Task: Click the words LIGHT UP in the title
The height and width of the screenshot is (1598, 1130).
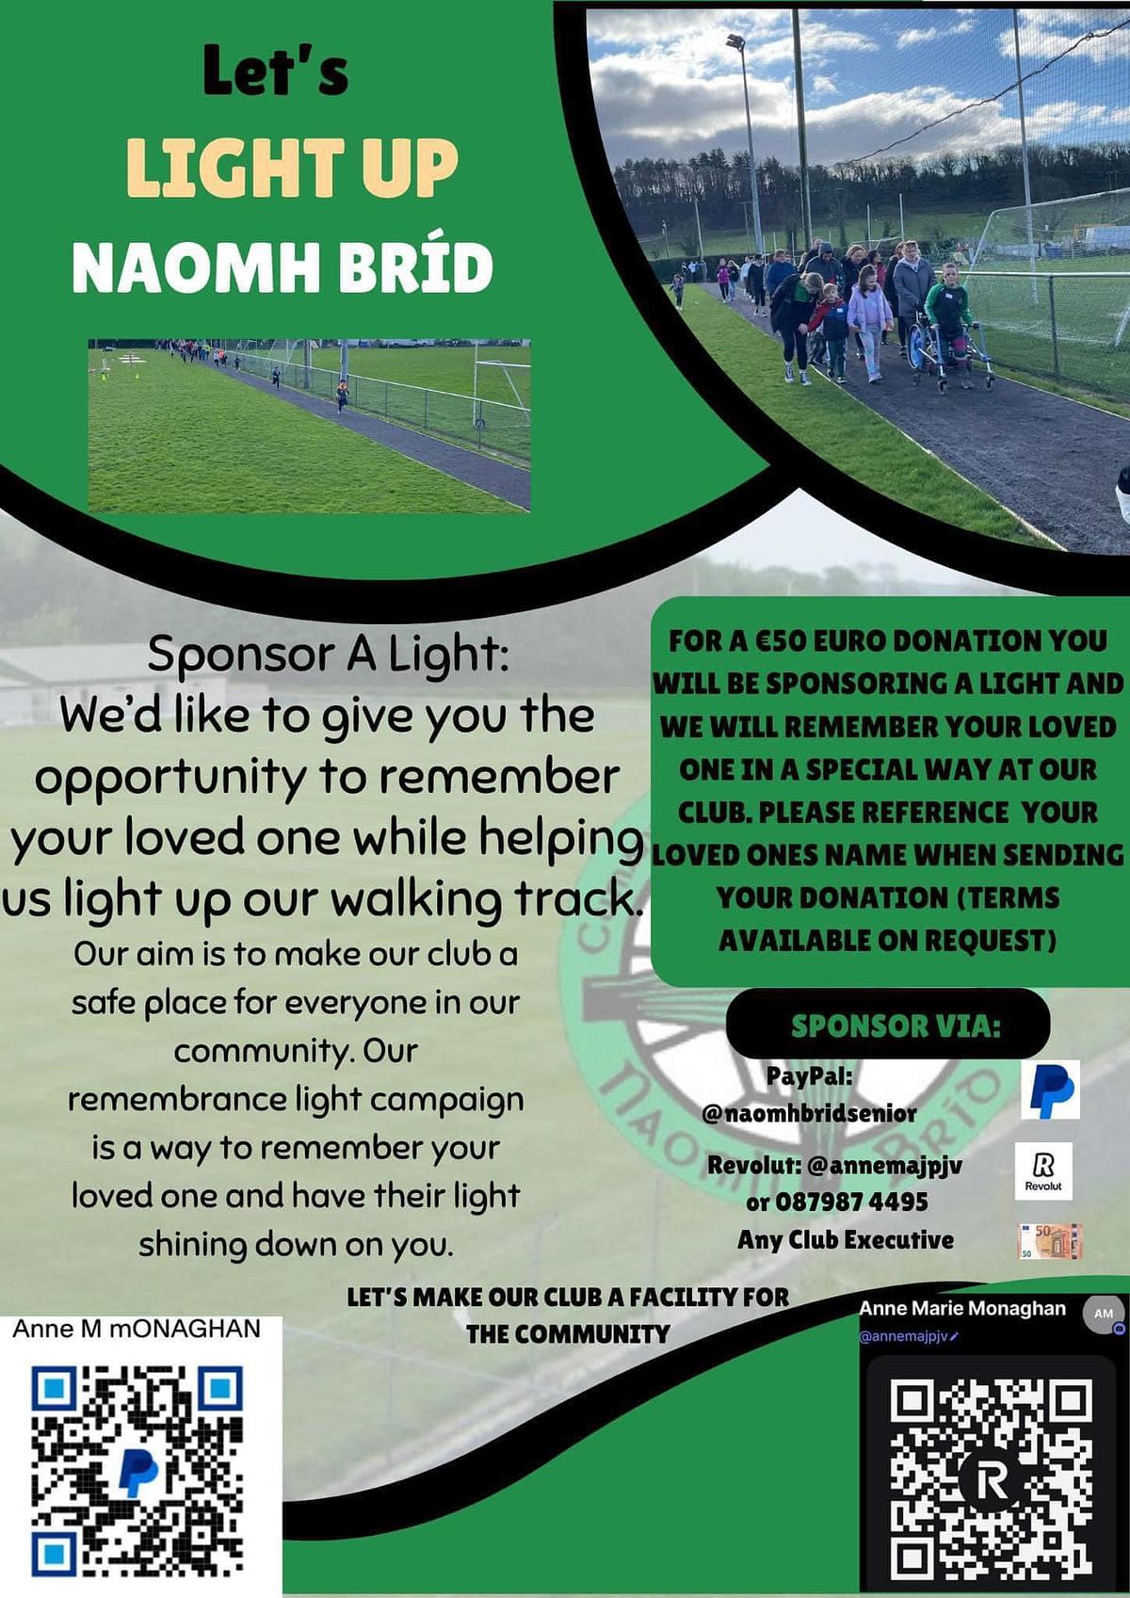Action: pos(292,167)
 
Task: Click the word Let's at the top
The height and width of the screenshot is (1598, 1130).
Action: pos(276,72)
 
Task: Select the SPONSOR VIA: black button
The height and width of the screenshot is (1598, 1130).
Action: pos(887,1024)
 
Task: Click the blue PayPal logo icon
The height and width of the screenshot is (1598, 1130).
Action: pos(1050,1090)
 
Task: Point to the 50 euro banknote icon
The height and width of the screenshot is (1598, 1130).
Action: pos(1049,1241)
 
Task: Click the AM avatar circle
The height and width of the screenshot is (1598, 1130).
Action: pos(1104,1314)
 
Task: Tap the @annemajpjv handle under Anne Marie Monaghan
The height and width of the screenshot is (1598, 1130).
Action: pos(905,1336)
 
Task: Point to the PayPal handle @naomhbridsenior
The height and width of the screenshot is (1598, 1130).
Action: pos(810,1114)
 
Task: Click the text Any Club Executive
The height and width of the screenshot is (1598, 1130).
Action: pos(846,1240)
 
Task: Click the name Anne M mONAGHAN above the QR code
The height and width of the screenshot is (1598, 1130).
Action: pos(137,1329)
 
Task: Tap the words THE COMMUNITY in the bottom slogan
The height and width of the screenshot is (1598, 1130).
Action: pos(568,1334)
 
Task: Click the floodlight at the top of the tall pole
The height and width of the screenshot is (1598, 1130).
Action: pos(735,41)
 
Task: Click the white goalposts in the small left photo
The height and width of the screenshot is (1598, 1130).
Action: pos(502,389)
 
